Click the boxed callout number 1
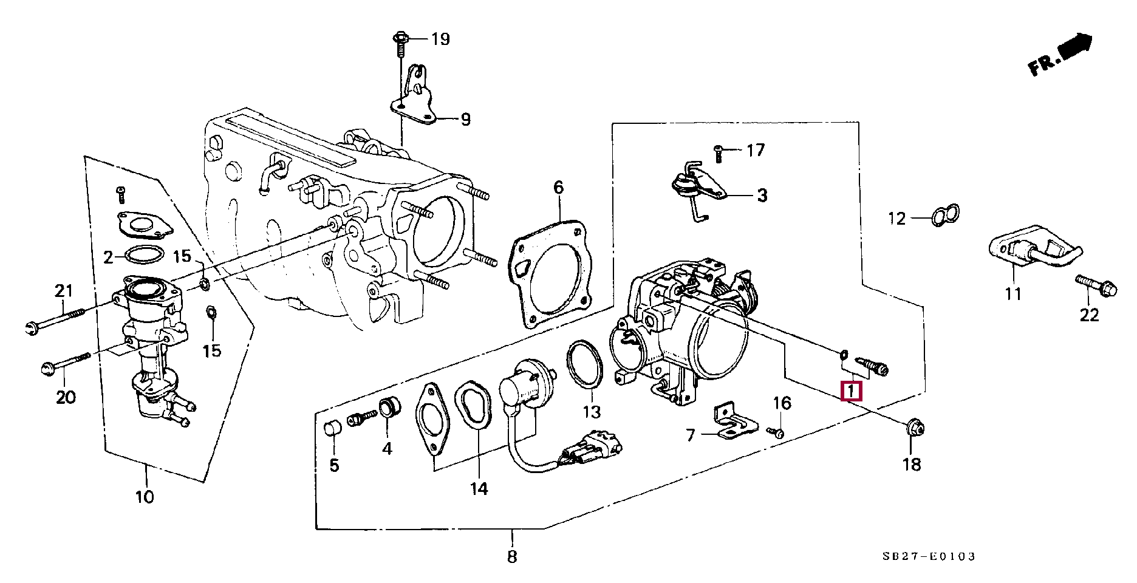[851, 391]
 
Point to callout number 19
[440, 39]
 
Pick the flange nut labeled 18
[914, 429]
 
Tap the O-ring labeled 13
[585, 366]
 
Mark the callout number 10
[145, 497]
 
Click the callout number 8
[512, 556]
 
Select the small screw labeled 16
[777, 432]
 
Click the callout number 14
[479, 488]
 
